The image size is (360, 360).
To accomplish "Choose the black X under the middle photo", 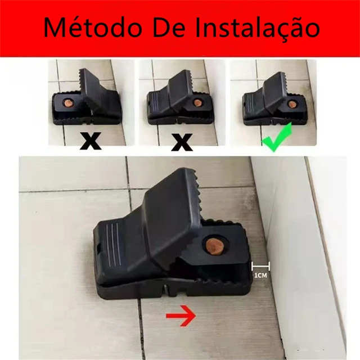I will pyautogui.click(x=181, y=140).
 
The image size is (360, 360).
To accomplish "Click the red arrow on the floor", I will pyautogui.click(x=180, y=317).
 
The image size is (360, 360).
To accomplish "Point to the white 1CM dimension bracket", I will pyautogui.click(x=261, y=265).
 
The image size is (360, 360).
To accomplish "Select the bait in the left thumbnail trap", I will pyautogui.click(x=67, y=103).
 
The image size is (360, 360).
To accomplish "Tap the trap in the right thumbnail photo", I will pyautogui.click(x=270, y=100).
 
